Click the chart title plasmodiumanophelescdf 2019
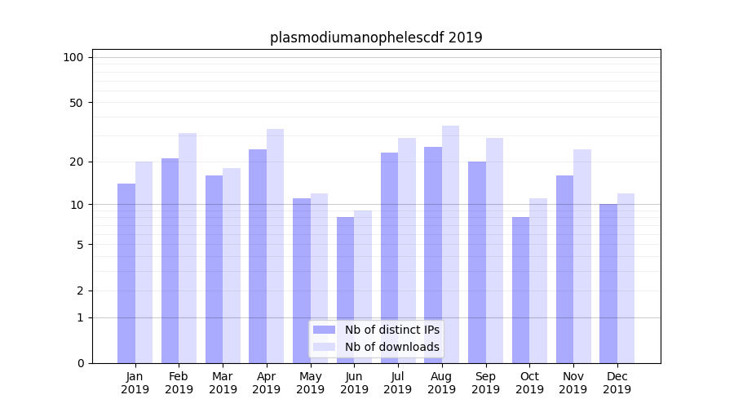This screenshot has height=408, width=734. click(x=376, y=38)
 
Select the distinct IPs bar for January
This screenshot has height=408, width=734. click(x=126, y=273)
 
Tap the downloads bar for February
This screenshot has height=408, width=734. click(x=188, y=248)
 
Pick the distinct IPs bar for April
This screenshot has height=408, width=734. click(x=258, y=256)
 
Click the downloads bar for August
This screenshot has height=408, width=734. click(x=450, y=245)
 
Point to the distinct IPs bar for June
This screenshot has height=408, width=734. click(x=345, y=290)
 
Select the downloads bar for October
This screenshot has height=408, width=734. click(x=538, y=281)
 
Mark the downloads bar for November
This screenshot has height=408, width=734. click(x=581, y=256)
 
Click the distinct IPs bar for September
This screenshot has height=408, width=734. click(x=477, y=262)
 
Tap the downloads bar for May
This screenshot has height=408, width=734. click(x=319, y=278)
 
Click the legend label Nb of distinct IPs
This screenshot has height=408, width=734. click(x=391, y=330)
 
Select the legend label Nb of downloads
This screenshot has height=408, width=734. click(x=391, y=347)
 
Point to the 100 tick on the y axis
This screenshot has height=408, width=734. click(x=73, y=57)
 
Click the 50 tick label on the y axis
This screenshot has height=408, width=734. click(x=76, y=103)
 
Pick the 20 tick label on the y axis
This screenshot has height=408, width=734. click(x=76, y=162)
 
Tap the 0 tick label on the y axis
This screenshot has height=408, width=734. click(x=80, y=363)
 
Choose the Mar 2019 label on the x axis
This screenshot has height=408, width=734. click(x=223, y=383)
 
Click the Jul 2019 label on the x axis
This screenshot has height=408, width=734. click(x=398, y=383)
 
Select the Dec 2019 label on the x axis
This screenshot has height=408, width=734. click(x=617, y=383)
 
